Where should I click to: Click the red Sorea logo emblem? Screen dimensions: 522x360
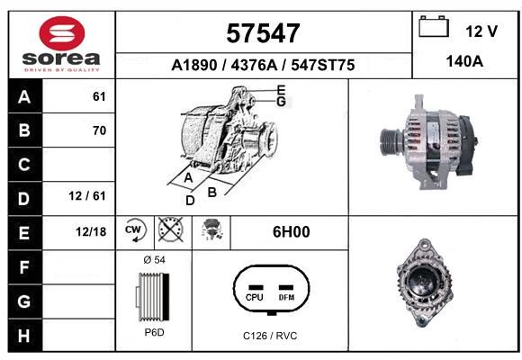(x=62, y=33)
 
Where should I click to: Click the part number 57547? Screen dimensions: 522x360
(x=263, y=33)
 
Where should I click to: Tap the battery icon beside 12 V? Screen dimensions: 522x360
(x=434, y=27)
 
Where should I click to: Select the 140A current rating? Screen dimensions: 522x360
(x=464, y=61)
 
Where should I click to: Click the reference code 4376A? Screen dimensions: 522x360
(x=254, y=65)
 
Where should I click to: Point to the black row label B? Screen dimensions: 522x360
(x=24, y=130)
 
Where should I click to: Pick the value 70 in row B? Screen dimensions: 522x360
(x=100, y=130)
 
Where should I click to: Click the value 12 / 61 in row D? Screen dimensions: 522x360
(x=87, y=196)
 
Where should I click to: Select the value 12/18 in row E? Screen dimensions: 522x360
(x=91, y=231)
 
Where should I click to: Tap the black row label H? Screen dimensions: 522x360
(x=24, y=336)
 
